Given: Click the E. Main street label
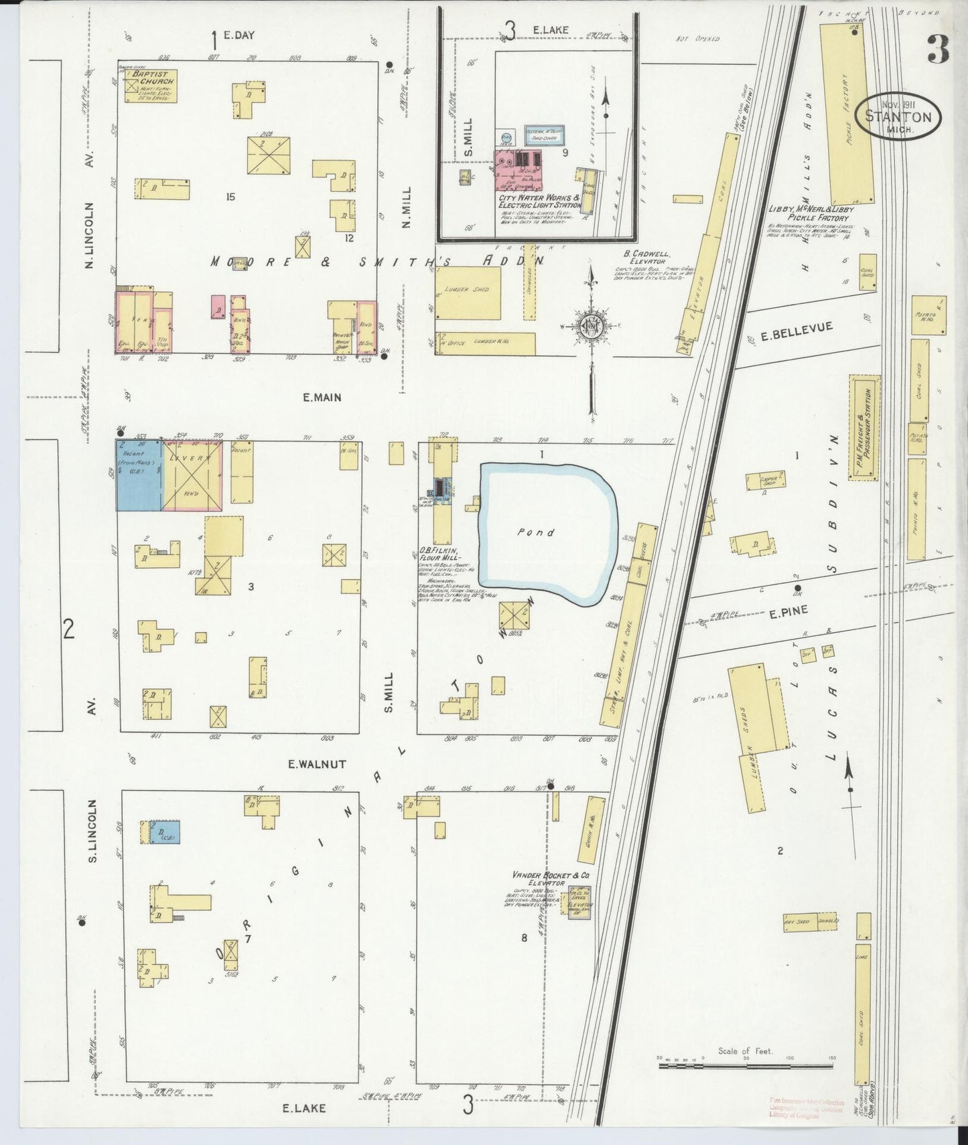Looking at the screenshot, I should tap(322, 397).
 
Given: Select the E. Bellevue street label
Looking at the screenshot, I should tap(797, 328).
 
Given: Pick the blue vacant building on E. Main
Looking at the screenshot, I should tap(139, 475).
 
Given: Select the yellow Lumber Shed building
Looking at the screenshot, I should tap(468, 293).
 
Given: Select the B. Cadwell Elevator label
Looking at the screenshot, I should tap(638, 258).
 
